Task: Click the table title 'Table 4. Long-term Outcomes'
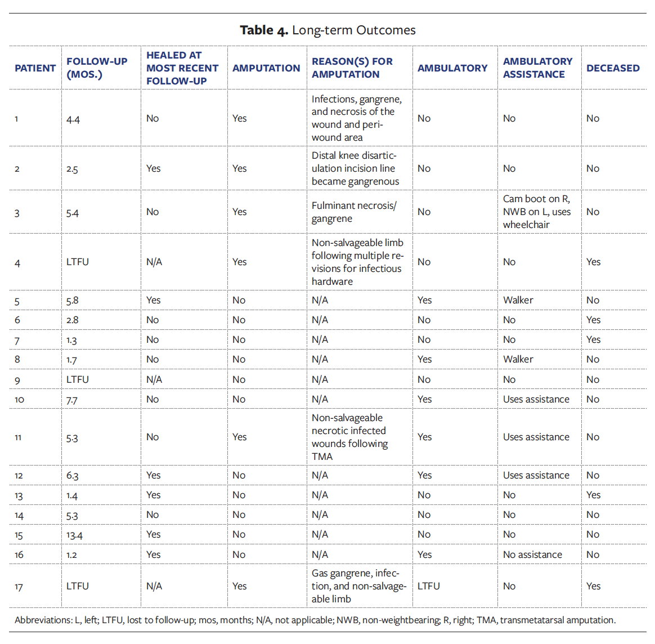click(327, 30)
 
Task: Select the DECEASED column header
click(612, 68)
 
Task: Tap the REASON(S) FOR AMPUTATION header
click(352, 68)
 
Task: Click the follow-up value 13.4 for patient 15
click(74, 535)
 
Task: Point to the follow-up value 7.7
click(72, 400)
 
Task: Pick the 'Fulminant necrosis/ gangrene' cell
click(354, 212)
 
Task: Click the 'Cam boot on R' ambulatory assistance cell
click(536, 212)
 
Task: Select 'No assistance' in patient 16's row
click(532, 555)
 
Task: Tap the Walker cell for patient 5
click(518, 301)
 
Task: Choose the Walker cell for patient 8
click(518, 360)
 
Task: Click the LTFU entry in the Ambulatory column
click(428, 587)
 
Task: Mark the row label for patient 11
click(18, 437)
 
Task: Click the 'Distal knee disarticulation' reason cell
click(355, 168)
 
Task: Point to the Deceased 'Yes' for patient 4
click(593, 262)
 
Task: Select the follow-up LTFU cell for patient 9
click(78, 380)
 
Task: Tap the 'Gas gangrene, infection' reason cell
click(358, 586)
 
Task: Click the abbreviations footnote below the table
click(315, 620)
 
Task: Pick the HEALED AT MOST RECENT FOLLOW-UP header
click(182, 68)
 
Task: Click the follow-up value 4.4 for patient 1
click(73, 119)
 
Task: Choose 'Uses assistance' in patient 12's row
click(536, 476)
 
